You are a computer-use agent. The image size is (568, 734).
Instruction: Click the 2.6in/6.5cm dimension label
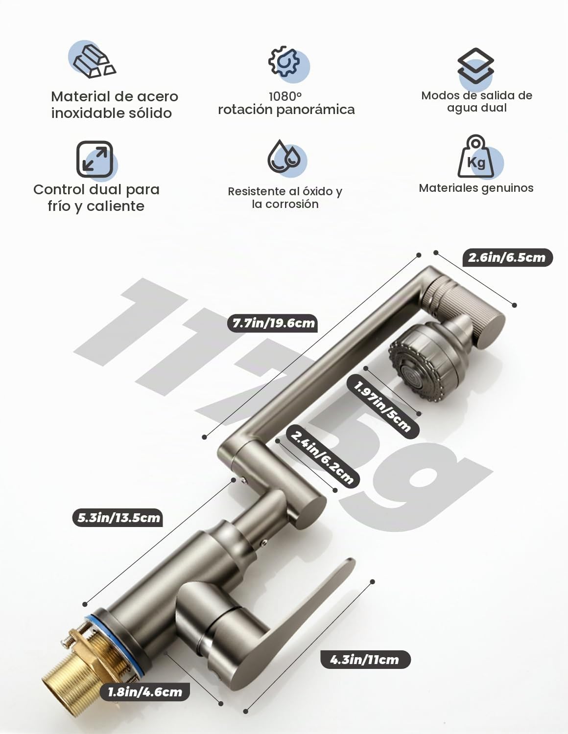coord(507,258)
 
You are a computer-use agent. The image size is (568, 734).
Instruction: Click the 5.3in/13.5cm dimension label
coord(118,518)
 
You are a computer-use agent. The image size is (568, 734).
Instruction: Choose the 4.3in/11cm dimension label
coord(365,660)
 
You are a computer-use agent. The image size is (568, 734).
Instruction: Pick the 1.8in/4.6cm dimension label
coord(145,692)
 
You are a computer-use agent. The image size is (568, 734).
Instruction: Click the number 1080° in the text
coord(285,96)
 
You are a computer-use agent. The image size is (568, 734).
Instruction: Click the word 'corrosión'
coord(293,204)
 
